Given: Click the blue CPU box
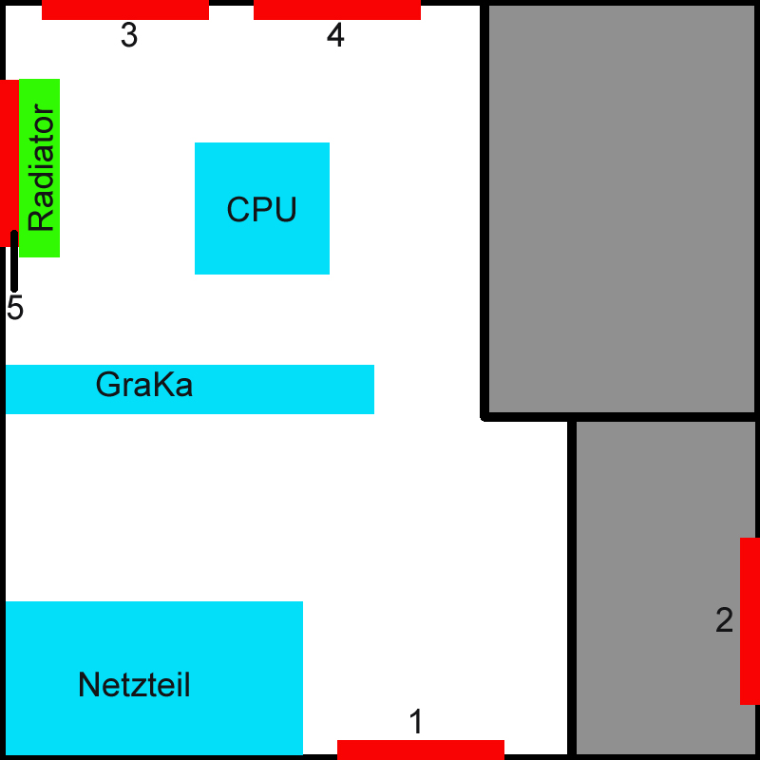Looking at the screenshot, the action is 262,208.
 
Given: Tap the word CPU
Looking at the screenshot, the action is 262,209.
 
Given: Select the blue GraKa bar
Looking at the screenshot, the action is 189,389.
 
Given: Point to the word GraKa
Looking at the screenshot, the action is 144,385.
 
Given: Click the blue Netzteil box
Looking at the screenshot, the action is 154,677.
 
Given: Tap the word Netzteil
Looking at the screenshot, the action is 134,685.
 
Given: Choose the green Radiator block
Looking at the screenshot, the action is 39,168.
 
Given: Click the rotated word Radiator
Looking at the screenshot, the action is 41,168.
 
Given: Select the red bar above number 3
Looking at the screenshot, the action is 125,9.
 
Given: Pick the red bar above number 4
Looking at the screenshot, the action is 337,9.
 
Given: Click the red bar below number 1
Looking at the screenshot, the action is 421,750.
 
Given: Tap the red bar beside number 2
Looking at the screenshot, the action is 750,621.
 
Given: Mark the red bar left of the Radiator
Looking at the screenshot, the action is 9,162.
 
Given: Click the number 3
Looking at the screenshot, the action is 129,35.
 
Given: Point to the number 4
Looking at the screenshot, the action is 335,35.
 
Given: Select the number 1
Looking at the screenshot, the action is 416,722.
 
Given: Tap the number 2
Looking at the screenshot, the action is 724,620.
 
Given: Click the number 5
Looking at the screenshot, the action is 15,308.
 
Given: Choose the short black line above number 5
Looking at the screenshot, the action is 14,261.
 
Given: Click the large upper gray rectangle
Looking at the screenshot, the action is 622,209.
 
